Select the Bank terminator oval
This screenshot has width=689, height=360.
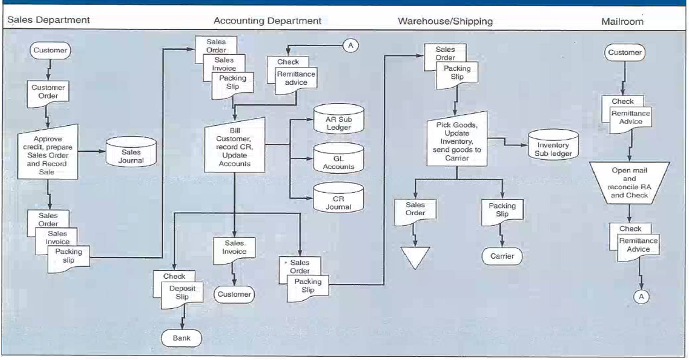click(181, 338)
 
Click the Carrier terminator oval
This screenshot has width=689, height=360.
click(502, 256)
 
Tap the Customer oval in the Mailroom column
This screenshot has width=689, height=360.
click(624, 53)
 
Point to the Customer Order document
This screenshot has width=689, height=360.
click(48, 92)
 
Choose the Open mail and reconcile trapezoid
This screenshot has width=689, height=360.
click(629, 183)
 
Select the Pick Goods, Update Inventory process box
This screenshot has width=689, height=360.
click(456, 141)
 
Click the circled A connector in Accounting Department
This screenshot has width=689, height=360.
click(350, 45)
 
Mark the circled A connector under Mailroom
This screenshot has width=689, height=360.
click(642, 296)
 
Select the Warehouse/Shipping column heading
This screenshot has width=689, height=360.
click(445, 21)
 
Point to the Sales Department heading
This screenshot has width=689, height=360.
click(48, 20)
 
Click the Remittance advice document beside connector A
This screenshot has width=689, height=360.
click(296, 79)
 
